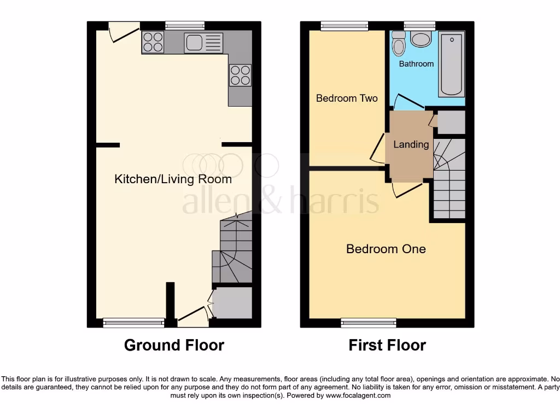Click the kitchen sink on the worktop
[203, 43]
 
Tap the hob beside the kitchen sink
[153, 42]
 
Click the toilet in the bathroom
[399, 43]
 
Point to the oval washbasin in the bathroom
[421, 39]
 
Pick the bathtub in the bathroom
[451, 64]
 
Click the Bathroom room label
[416, 64]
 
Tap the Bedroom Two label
[347, 98]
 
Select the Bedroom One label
[386, 249]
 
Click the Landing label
[411, 144]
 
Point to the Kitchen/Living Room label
[173, 179]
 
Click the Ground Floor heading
[174, 345]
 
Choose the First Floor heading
[387, 345]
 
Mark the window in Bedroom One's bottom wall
[369, 323]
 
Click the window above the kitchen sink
[185, 25]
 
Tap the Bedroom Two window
[345, 25]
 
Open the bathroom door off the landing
[407, 102]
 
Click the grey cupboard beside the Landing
[452, 122]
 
